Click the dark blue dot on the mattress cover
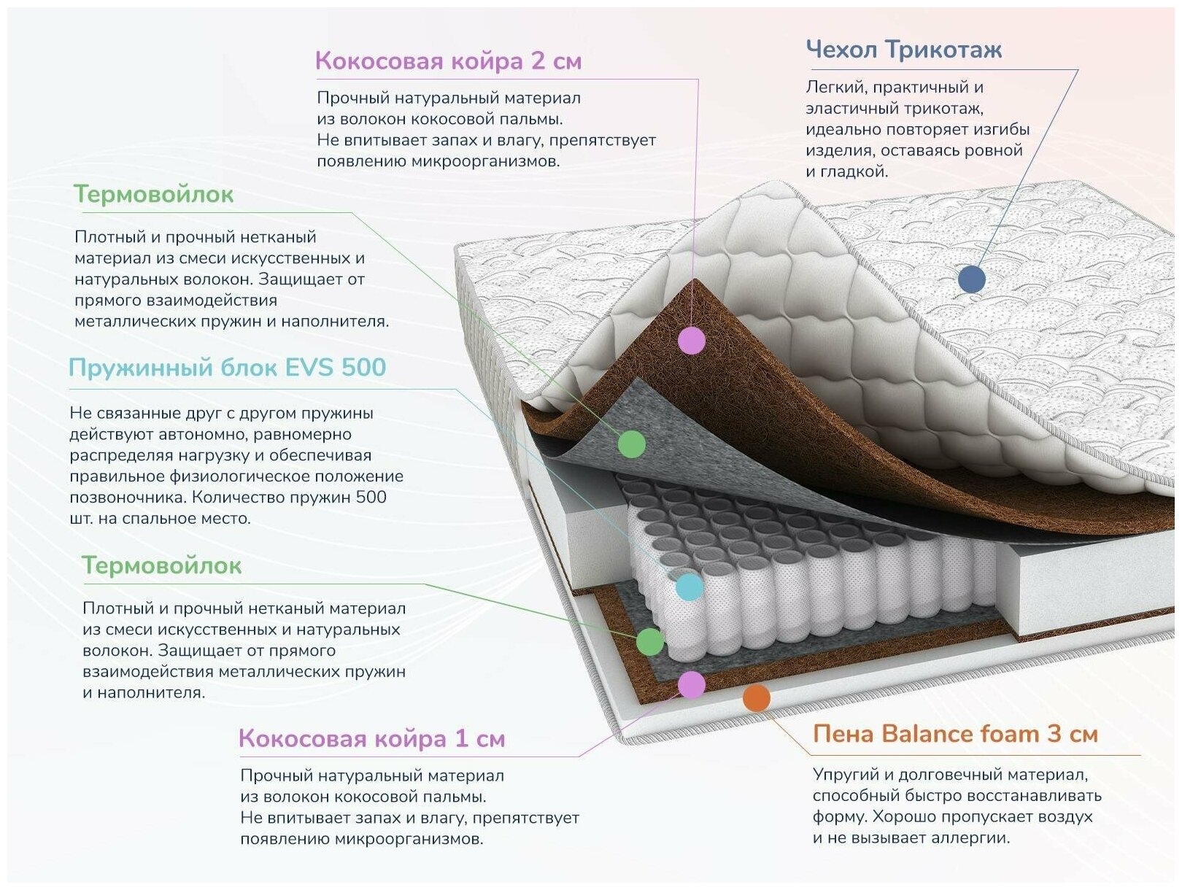click(971, 279)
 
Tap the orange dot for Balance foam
click(757, 698)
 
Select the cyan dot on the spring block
click(689, 587)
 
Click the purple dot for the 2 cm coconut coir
click(691, 340)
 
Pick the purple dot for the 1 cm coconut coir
click(691, 684)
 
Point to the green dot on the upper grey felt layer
click(632, 444)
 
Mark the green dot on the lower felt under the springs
click(649, 642)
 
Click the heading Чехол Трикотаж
click(903, 50)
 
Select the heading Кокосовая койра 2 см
click(448, 61)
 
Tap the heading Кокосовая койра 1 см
click(371, 738)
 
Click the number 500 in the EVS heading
click(363, 367)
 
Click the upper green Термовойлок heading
click(153, 194)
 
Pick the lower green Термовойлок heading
click(161, 565)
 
